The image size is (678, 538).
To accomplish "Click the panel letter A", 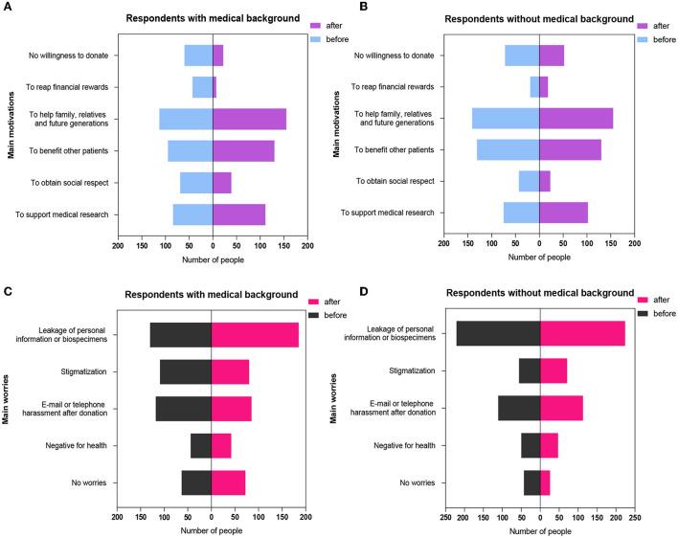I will pyautogui.click(x=7, y=8).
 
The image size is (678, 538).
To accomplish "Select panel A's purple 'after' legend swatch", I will pyautogui.click(x=319, y=26).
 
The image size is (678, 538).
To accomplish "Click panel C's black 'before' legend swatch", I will pyautogui.click(x=316, y=312).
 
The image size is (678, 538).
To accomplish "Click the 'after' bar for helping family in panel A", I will pyautogui.click(x=249, y=119).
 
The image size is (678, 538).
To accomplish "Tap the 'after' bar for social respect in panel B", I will pyautogui.click(x=545, y=181).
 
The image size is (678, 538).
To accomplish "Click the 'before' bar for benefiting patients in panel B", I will pyautogui.click(x=508, y=150).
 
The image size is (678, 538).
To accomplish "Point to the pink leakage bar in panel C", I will pyautogui.click(x=255, y=334).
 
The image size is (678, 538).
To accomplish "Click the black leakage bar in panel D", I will pyautogui.click(x=498, y=334).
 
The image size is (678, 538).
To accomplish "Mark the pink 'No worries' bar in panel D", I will pyautogui.click(x=545, y=482).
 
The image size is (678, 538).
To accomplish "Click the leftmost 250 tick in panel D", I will pyautogui.click(x=446, y=517).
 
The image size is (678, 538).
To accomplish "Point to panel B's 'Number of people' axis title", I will pyautogui.click(x=539, y=257).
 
